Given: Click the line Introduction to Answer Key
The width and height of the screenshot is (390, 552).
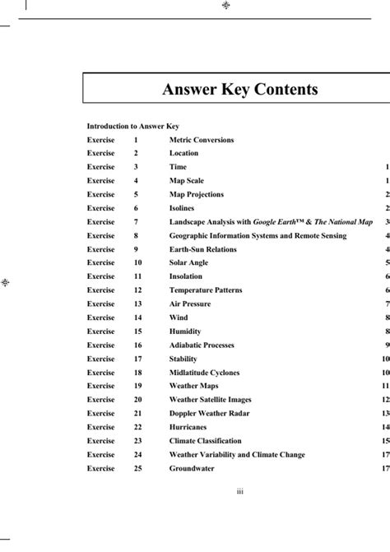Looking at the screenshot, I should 133,127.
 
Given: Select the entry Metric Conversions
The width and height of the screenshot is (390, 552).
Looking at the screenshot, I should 202,140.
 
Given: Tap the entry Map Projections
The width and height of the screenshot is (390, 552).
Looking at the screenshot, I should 196,195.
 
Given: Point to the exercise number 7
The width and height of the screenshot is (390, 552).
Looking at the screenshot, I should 136,222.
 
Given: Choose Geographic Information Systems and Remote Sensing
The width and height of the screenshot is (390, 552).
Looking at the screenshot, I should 258,235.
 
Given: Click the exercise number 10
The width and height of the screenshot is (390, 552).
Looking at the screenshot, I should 137,262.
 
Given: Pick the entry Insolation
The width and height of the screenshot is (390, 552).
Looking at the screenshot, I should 186,276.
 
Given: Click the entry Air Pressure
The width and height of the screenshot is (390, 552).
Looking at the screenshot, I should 190,304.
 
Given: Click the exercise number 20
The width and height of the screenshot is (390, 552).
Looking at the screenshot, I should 137,399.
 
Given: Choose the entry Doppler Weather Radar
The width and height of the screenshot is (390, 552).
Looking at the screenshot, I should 209,413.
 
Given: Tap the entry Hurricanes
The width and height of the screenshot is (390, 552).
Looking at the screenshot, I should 188,427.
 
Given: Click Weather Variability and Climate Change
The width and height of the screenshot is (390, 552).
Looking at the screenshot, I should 237,454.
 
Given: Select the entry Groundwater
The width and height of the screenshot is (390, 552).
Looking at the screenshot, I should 192,468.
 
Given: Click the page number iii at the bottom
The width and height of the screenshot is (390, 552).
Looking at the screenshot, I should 239,492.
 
